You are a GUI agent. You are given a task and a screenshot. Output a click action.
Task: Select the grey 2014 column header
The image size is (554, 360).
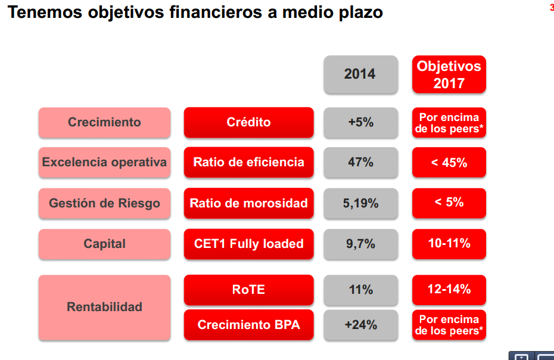(360, 75)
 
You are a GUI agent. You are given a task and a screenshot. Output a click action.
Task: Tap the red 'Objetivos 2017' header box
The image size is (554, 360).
(449, 75)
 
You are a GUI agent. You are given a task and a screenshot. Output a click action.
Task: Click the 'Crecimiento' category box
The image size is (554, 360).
(104, 122)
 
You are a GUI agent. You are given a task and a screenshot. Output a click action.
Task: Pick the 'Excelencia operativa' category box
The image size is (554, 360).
(104, 162)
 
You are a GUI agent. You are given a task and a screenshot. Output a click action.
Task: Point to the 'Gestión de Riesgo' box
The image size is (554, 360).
(104, 203)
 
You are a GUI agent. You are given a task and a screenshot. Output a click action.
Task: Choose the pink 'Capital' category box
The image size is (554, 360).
(104, 244)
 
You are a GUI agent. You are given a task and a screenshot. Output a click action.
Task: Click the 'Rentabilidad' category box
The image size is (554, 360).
(104, 307)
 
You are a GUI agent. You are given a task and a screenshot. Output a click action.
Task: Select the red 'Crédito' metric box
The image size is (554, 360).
(248, 122)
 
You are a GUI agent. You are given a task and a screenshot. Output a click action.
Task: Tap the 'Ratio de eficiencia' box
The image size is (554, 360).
(248, 162)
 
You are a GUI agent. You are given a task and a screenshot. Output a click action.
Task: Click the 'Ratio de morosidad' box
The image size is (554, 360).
(248, 203)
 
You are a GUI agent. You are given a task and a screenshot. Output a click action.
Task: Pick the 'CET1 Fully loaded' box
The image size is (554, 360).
(248, 244)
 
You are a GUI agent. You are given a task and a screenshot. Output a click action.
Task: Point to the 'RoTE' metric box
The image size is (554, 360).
(248, 290)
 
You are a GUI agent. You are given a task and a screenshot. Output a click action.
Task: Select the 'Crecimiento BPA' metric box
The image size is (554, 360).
(248, 325)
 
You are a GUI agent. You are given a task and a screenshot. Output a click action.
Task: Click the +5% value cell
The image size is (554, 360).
(360, 122)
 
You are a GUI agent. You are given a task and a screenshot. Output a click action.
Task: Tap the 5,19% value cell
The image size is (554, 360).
(360, 203)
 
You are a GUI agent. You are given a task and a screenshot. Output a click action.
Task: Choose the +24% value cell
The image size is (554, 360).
(360, 325)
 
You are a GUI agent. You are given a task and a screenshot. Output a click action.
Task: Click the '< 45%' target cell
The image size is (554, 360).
(449, 162)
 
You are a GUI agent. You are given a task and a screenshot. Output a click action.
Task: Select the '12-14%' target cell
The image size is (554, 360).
(449, 290)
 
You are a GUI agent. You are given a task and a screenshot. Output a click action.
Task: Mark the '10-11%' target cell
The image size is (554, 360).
(449, 244)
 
